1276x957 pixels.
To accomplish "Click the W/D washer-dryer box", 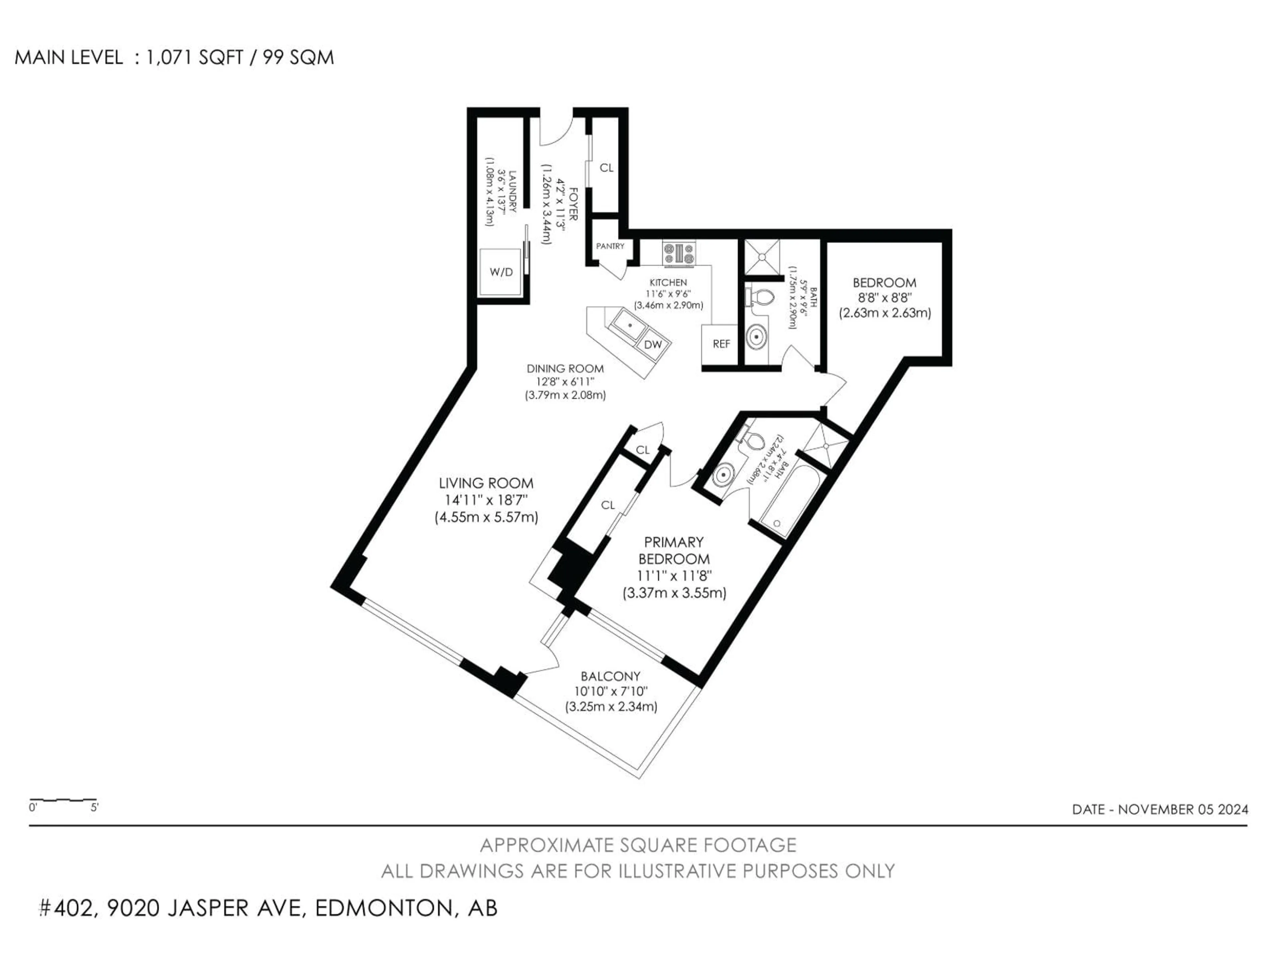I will tap(501, 272).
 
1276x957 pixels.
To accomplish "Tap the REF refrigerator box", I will tap(721, 344).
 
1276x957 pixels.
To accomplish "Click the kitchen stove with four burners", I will tap(679, 253).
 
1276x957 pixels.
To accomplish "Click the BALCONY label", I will tap(610, 676).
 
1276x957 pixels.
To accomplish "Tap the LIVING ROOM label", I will tap(486, 483).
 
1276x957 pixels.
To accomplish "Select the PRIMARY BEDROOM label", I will tap(674, 550).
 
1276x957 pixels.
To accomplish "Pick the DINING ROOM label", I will tap(565, 369).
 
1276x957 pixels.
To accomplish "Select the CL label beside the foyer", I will tap(606, 168).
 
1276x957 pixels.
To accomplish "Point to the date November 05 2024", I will tap(1159, 809).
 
